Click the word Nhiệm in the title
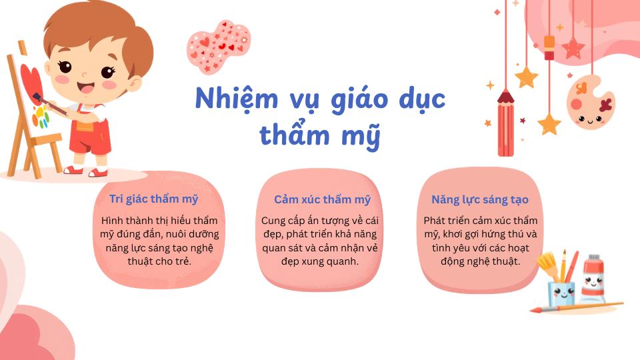(236, 99)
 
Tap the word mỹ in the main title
(361, 135)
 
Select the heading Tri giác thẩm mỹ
(153, 199)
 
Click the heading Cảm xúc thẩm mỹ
(322, 199)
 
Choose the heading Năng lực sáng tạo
(480, 199)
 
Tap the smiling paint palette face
(590, 103)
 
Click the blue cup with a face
(561, 293)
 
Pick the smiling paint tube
(593, 279)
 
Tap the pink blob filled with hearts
(219, 47)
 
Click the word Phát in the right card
(434, 221)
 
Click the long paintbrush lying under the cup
(576, 307)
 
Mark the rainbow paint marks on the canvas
(41, 116)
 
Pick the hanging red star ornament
(573, 48)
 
